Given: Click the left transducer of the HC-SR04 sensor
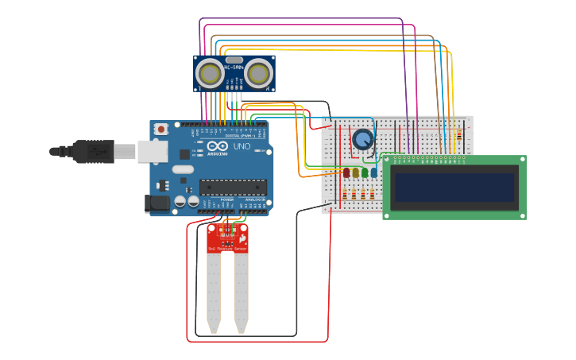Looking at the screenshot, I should (x=211, y=74).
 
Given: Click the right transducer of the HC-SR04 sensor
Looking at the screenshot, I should (x=258, y=74).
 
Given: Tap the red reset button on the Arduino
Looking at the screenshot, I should (x=161, y=129).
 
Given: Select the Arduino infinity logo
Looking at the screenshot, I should (x=216, y=147).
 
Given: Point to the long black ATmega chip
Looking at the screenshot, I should (x=230, y=188).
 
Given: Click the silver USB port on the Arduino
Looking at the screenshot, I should (x=153, y=151).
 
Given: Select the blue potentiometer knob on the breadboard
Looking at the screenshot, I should (x=363, y=140).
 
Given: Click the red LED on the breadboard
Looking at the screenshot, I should (x=346, y=172).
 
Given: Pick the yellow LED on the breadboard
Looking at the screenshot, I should (x=355, y=172).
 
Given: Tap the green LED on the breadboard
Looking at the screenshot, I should (x=365, y=172).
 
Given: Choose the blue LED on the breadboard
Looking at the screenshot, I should (x=373, y=172).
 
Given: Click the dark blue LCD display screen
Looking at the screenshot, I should (x=454, y=188).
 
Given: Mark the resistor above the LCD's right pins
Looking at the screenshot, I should (x=458, y=135).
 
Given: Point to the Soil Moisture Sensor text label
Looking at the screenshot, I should (x=227, y=249).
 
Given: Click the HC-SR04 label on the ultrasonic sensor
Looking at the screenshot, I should (x=234, y=68).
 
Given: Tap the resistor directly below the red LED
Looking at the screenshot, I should (x=345, y=194).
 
